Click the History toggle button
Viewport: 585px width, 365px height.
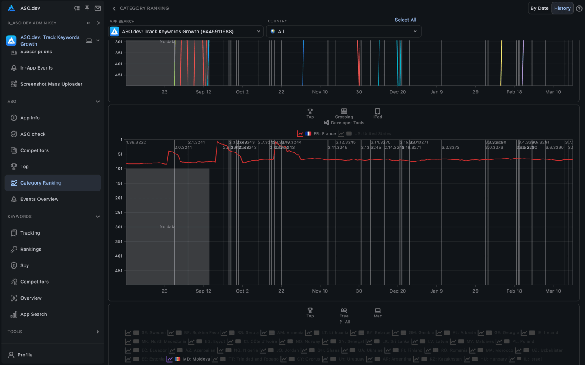pos(562,8)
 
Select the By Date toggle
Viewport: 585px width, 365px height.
pos(539,8)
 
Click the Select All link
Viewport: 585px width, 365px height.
pos(405,20)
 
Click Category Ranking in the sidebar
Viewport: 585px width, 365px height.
pos(41,183)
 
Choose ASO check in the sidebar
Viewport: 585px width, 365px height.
pos(33,134)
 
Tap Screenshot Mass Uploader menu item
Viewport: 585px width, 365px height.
pos(51,84)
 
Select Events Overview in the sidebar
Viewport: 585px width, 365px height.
pos(39,199)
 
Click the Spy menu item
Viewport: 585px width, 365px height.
pos(24,265)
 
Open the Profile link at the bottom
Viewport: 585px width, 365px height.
pos(25,355)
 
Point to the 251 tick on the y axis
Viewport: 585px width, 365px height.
pos(119,212)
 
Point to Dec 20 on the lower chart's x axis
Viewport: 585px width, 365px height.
pos(397,291)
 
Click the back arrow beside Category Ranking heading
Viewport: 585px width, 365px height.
pos(114,8)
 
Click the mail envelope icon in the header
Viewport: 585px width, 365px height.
pos(98,8)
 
